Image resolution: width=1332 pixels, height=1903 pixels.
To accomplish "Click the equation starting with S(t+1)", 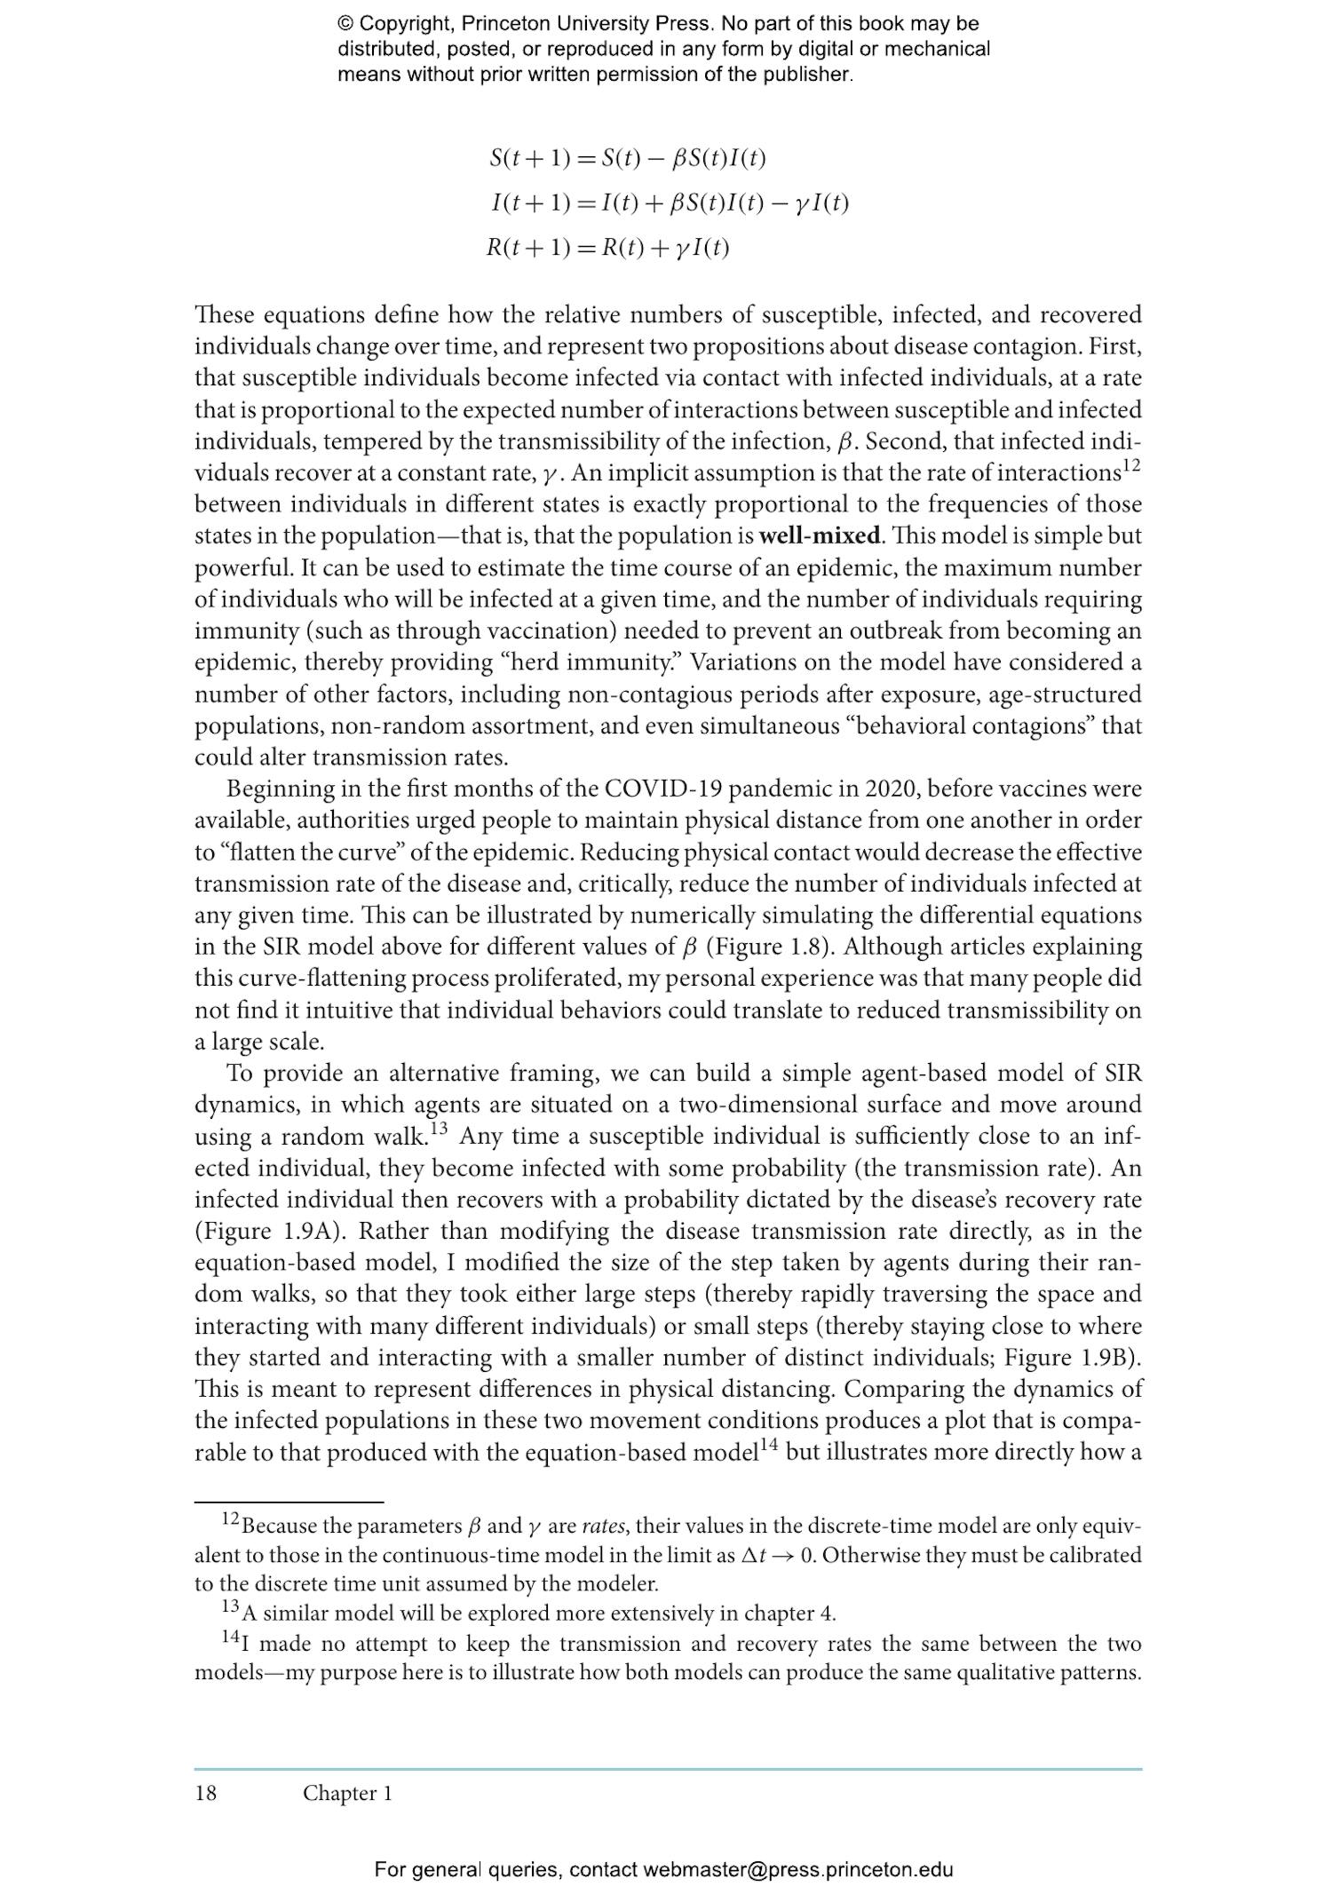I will pyautogui.click(x=627, y=159).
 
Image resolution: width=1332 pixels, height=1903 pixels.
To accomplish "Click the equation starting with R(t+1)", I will pyautogui.click(x=607, y=248).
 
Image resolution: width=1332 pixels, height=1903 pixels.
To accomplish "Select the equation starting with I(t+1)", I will pyautogui.click(x=670, y=203).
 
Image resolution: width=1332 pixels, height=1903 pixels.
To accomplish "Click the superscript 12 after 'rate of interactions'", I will pyautogui.click(x=1130, y=464).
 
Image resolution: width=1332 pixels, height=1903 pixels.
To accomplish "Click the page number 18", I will pyautogui.click(x=205, y=1793).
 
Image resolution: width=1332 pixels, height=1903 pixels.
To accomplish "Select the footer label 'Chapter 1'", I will pyautogui.click(x=347, y=1793).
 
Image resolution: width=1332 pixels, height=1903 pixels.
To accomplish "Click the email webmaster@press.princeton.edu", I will pyautogui.click(x=797, y=1869).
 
